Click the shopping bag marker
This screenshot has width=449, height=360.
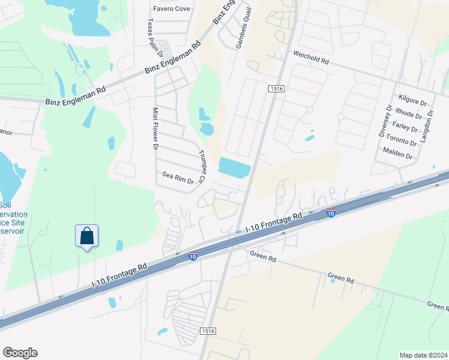pos(86,236)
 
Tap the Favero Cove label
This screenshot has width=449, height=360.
pos(171,8)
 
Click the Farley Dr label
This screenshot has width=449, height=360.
pos(405,127)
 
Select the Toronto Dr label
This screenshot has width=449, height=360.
pos(401,142)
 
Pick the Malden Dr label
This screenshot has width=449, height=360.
pos(397,156)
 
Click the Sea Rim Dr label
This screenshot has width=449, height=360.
pos(178,178)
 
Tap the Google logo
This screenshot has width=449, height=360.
pos(20,352)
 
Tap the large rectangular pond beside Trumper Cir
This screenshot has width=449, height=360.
pos(234,167)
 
